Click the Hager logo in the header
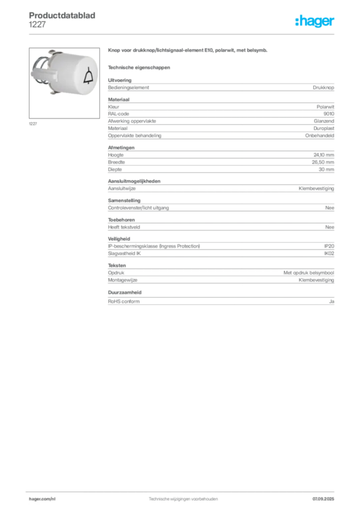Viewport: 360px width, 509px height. coord(315,21)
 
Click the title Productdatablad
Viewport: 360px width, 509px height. coord(62,15)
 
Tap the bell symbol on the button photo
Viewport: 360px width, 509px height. coord(89,77)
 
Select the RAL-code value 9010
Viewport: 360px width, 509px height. coord(329,114)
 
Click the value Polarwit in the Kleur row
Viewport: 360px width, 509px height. coord(325,107)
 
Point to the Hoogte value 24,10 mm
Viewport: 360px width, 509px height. coord(324,155)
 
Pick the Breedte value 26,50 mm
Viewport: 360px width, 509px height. coord(323,162)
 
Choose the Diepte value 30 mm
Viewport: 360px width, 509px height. coord(326,170)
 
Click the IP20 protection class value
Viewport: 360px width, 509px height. coord(329,246)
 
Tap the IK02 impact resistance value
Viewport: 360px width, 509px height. coord(329,254)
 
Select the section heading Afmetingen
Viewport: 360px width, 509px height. coord(121,147)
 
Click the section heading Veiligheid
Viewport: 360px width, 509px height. coord(119,239)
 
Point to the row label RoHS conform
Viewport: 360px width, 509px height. coord(124,301)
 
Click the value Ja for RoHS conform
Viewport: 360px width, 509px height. coord(332,301)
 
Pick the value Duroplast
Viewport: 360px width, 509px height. coord(324,128)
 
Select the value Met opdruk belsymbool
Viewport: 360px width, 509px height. coord(309,273)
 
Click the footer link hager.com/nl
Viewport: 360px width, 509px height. coord(42,499)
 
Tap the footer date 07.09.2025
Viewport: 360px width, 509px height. coord(323,499)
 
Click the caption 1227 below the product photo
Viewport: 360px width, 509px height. coord(33,124)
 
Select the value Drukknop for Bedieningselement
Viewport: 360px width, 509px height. coord(323,87)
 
